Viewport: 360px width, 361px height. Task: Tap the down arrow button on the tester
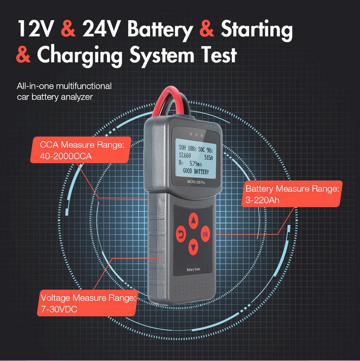tap(193, 246)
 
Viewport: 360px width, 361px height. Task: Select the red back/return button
tap(181, 234)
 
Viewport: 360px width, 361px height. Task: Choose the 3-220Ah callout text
tap(262, 199)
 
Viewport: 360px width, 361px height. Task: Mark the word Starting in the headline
tap(256, 29)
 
